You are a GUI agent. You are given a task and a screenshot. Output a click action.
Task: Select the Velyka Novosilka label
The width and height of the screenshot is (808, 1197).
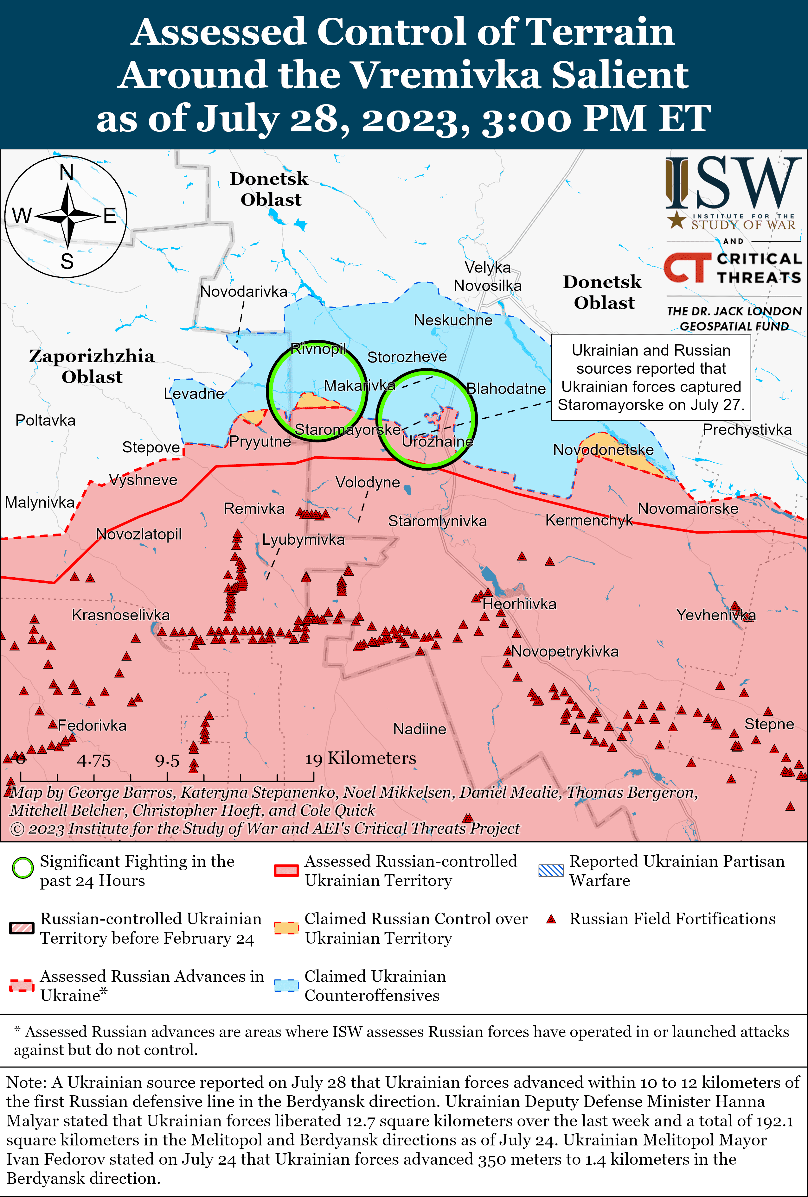tap(487, 276)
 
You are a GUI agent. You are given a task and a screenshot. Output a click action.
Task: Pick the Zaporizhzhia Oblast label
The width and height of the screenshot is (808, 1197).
tap(92, 366)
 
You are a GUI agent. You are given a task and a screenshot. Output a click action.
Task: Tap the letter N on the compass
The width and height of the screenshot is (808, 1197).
tap(67, 173)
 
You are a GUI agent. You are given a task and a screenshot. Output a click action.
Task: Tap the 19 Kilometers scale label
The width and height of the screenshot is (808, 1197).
tap(360, 758)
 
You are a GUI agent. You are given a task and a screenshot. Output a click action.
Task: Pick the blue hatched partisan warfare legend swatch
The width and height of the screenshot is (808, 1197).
tap(550, 870)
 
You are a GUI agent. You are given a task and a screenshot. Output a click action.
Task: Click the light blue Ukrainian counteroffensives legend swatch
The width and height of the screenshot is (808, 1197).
tap(286, 985)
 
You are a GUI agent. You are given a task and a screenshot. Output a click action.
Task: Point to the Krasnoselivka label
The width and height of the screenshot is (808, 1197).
tap(121, 615)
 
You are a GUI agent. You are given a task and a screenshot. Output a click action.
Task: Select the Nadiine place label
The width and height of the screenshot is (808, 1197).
tap(420, 729)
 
